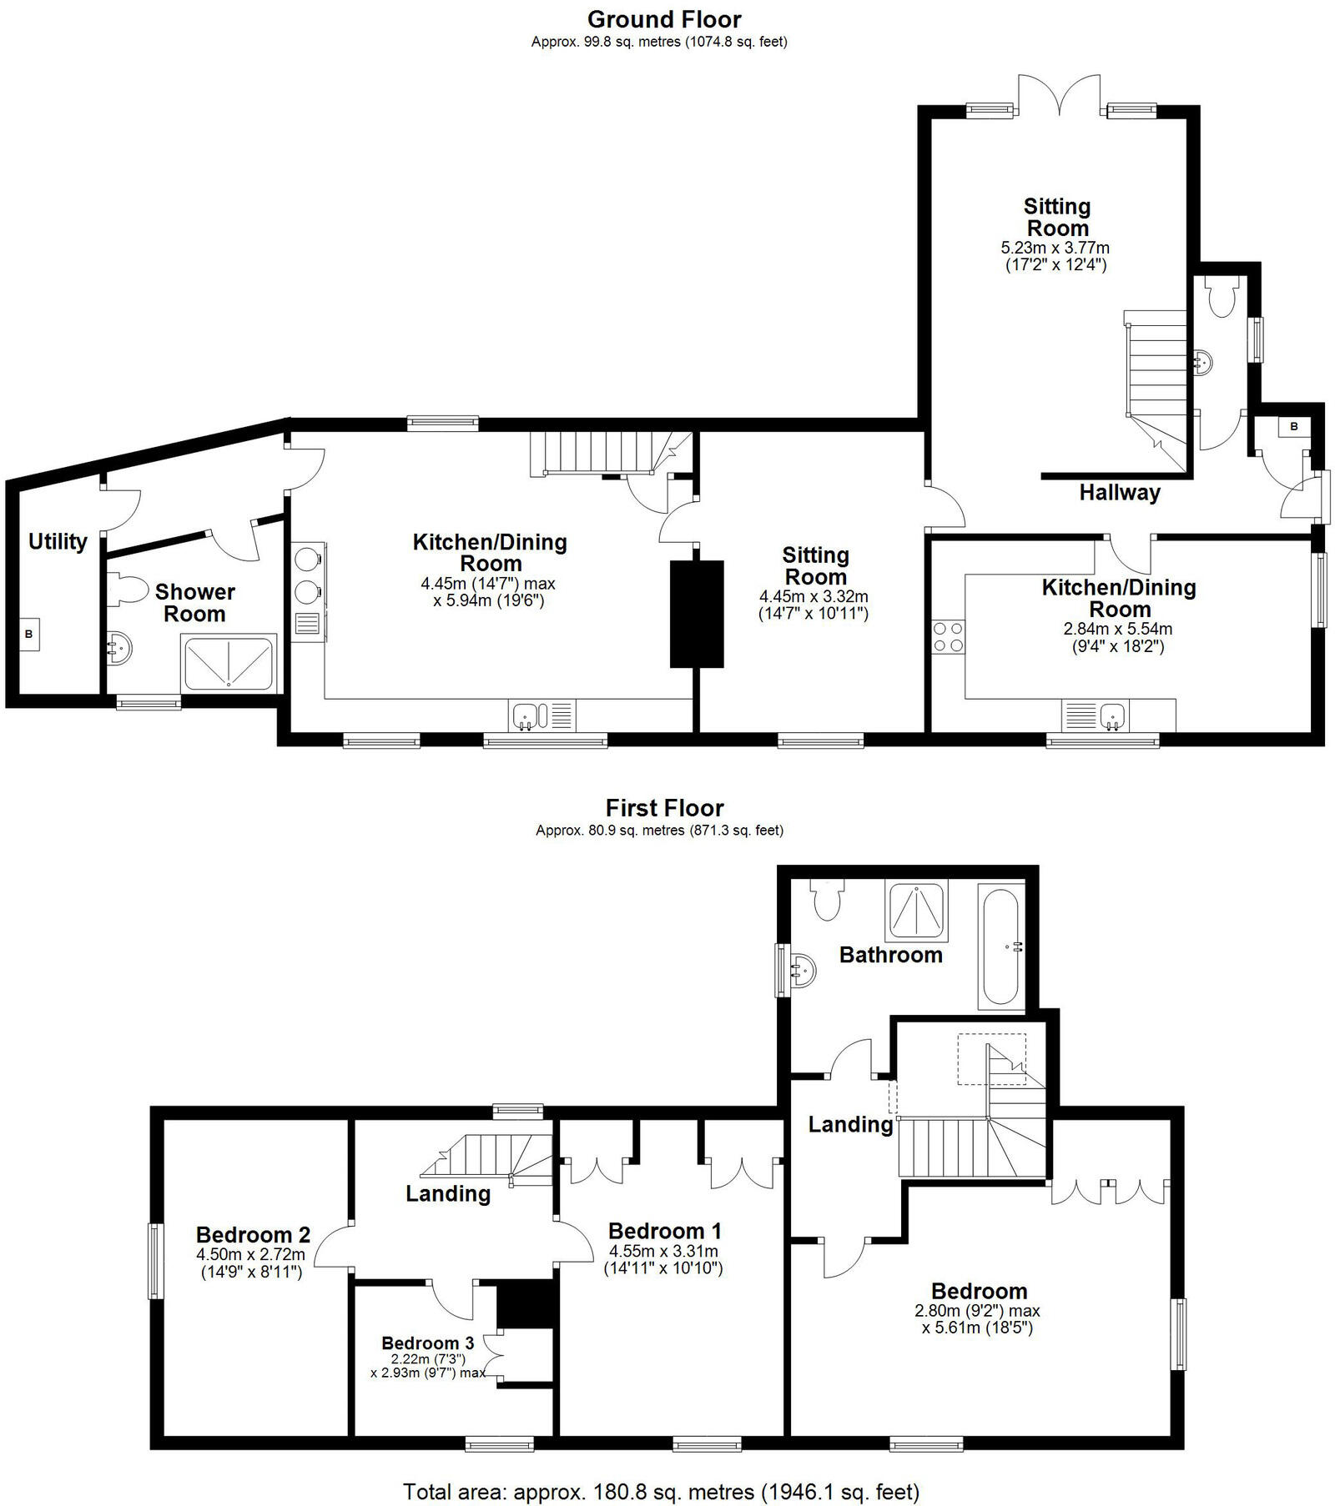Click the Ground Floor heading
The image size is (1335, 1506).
click(x=664, y=19)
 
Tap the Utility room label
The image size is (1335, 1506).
click(x=58, y=542)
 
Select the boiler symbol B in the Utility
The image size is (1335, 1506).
click(x=29, y=635)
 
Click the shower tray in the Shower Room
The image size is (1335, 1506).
click(x=229, y=664)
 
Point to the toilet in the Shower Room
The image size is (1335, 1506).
click(x=125, y=588)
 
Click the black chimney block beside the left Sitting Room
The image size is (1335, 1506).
click(x=697, y=614)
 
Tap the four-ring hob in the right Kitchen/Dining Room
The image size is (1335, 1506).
click(x=949, y=637)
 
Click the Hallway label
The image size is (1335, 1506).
click(x=1120, y=493)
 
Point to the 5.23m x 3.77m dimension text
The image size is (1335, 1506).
click(x=1055, y=248)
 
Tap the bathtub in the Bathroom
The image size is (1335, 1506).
click(x=1000, y=947)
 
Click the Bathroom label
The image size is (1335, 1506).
click(x=890, y=956)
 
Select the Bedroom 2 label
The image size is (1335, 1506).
click(x=253, y=1234)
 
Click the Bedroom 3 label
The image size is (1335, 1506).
click(x=427, y=1343)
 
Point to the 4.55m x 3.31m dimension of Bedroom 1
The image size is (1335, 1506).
click(x=664, y=1251)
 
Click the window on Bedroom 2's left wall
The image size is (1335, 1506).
click(x=155, y=1260)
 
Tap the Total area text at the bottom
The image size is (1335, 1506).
click(x=661, y=1491)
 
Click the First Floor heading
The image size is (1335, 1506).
click(x=664, y=808)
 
